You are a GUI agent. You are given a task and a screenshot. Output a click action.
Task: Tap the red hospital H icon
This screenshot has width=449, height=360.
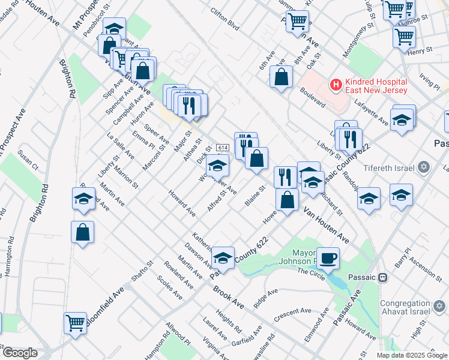pyautogui.click(x=336, y=85)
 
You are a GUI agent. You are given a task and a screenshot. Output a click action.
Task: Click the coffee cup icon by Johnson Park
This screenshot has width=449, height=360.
pyautogui.click(x=328, y=259)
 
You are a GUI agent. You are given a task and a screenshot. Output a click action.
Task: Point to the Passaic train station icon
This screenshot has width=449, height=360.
pyautogui.click(x=381, y=278)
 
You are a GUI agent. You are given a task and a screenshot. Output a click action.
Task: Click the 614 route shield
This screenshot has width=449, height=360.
pyautogui.click(x=223, y=148)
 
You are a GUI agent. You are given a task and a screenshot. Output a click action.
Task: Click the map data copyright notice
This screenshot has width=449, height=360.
pyautogui.click(x=411, y=355)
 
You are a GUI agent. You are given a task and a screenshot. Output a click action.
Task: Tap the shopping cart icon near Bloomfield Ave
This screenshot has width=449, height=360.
pyautogui.click(x=76, y=322)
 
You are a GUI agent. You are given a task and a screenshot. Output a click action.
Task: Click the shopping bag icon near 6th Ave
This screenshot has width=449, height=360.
pyautogui.click(x=281, y=77)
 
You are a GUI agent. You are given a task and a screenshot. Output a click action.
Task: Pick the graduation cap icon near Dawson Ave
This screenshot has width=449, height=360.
pyautogui.click(x=223, y=258)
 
